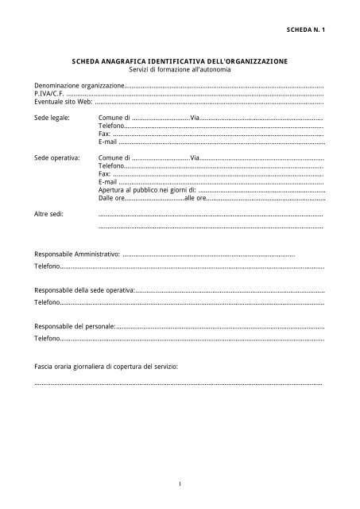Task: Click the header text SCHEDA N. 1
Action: [x=306, y=28]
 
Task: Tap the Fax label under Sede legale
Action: [x=104, y=134]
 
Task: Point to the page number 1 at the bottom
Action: [x=180, y=483]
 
